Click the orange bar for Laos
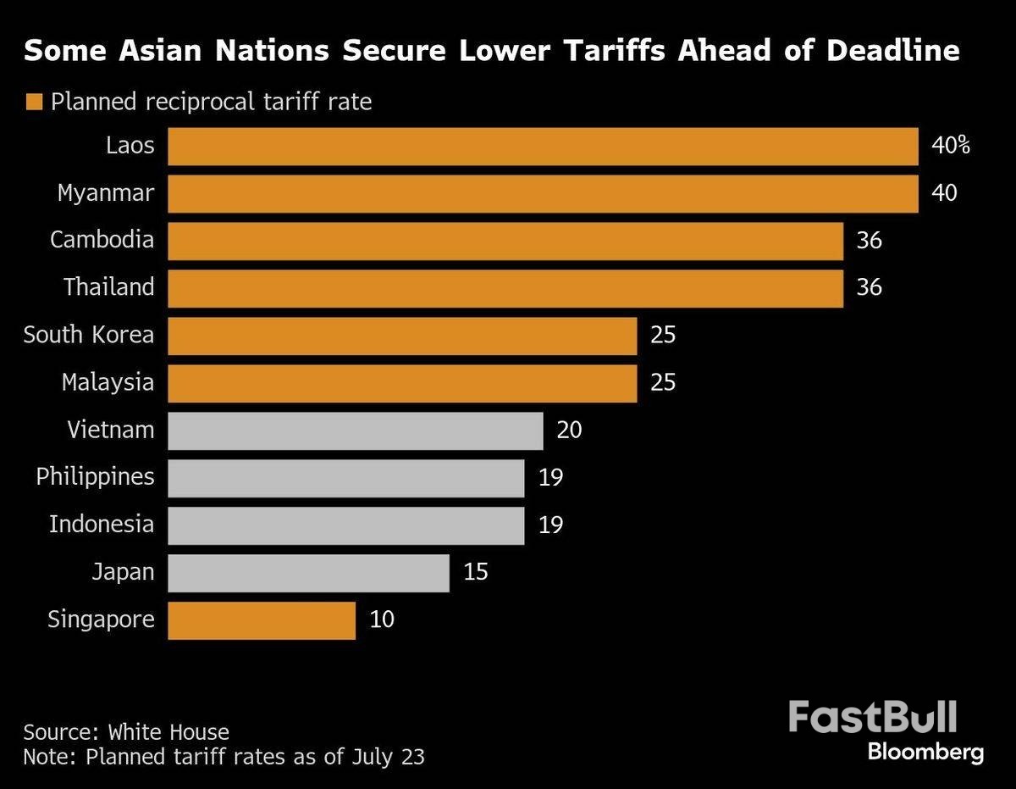[543, 146]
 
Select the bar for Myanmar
[543, 193]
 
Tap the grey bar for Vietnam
[356, 431]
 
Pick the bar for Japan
[308, 573]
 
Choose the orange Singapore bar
[262, 620]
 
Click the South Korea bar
[402, 336]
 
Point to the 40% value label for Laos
[950, 146]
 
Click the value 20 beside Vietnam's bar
[569, 431]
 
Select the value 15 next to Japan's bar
[476, 573]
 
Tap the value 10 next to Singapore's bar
[382, 620]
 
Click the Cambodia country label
[102, 240]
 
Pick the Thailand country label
[109, 287]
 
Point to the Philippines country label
[95, 477]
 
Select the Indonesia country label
[102, 525]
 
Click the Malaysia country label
[108, 382]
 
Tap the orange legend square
[34, 103]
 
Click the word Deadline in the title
[893, 51]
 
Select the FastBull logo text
[872, 717]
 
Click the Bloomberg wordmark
[925, 752]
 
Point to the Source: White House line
[126, 732]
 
